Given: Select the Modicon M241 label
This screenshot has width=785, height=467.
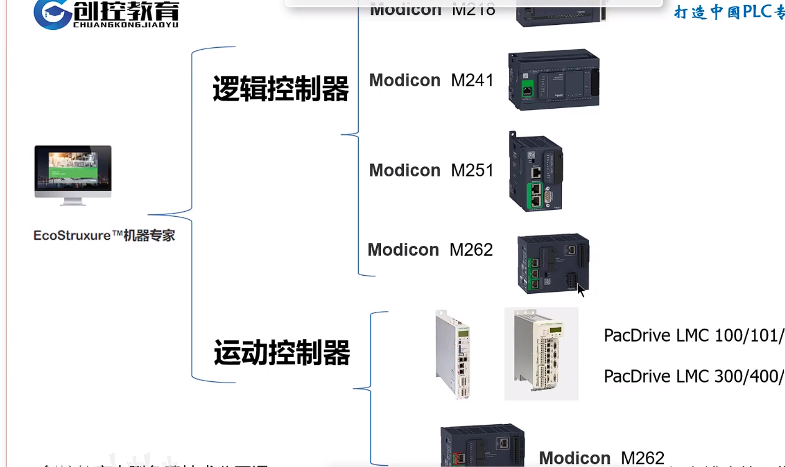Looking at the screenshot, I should click(431, 80).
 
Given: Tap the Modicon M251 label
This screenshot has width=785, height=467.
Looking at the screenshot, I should click(431, 170).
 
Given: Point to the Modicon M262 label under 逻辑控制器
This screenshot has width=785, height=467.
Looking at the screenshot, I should click(430, 250).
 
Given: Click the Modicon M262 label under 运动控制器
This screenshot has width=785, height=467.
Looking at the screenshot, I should click(601, 458).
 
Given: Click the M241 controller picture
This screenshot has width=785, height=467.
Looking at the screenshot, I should click(554, 79).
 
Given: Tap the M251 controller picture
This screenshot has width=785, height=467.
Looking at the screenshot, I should click(535, 172).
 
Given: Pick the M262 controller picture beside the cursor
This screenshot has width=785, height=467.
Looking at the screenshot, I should click(553, 263).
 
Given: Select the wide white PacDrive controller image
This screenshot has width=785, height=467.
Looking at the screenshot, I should click(541, 353).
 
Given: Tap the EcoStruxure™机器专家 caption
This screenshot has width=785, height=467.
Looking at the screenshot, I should click(104, 236).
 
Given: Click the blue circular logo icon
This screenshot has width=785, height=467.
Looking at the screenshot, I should click(52, 14).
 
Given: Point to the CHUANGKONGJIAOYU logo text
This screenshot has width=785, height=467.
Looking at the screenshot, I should click(126, 25).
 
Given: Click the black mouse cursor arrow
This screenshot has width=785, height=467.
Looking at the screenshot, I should click(581, 289).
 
